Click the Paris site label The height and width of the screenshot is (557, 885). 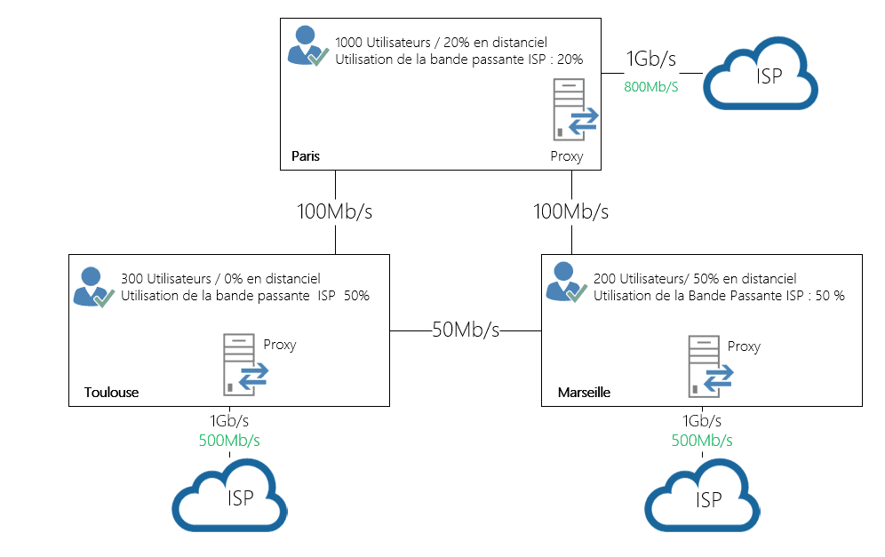[x=305, y=156]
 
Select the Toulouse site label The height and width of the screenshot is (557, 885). [x=111, y=392]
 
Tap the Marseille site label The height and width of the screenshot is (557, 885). [x=584, y=392]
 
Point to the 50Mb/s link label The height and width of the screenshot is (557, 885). [x=466, y=330]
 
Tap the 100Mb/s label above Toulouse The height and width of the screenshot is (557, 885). [x=334, y=212]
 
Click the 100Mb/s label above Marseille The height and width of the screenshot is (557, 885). [x=570, y=212]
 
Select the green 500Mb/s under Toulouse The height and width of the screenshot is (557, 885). [x=230, y=440]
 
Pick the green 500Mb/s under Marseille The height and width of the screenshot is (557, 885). [x=702, y=440]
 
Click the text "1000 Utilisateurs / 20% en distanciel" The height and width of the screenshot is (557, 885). [x=441, y=42]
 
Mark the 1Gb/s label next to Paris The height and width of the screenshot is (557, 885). [x=651, y=60]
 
